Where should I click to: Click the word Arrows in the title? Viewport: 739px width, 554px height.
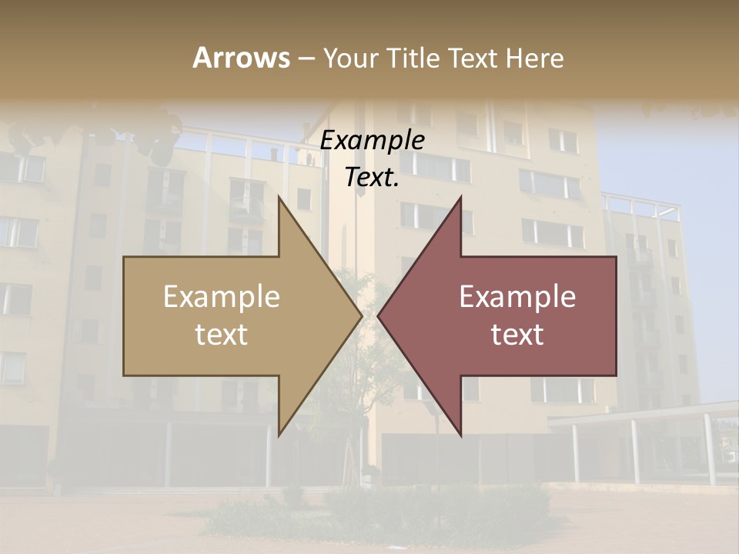tap(241, 58)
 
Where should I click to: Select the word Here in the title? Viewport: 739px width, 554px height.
tap(534, 58)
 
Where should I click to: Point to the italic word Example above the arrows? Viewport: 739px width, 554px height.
tap(372, 141)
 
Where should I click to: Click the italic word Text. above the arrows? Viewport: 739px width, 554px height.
tap(372, 177)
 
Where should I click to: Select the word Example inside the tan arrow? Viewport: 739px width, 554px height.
tap(222, 296)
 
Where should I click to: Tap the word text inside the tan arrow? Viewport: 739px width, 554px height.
tap(222, 335)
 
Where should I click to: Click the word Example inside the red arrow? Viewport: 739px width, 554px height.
tap(517, 296)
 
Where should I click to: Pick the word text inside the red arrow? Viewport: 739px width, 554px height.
tap(517, 335)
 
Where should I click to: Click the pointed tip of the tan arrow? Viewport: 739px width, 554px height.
tap(361, 315)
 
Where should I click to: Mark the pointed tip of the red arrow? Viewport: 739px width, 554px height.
tap(379, 315)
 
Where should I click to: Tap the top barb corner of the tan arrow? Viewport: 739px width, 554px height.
tap(279, 198)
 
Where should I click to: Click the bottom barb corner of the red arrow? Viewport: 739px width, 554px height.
tap(460, 435)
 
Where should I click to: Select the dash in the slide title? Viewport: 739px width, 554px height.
tap(306, 58)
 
